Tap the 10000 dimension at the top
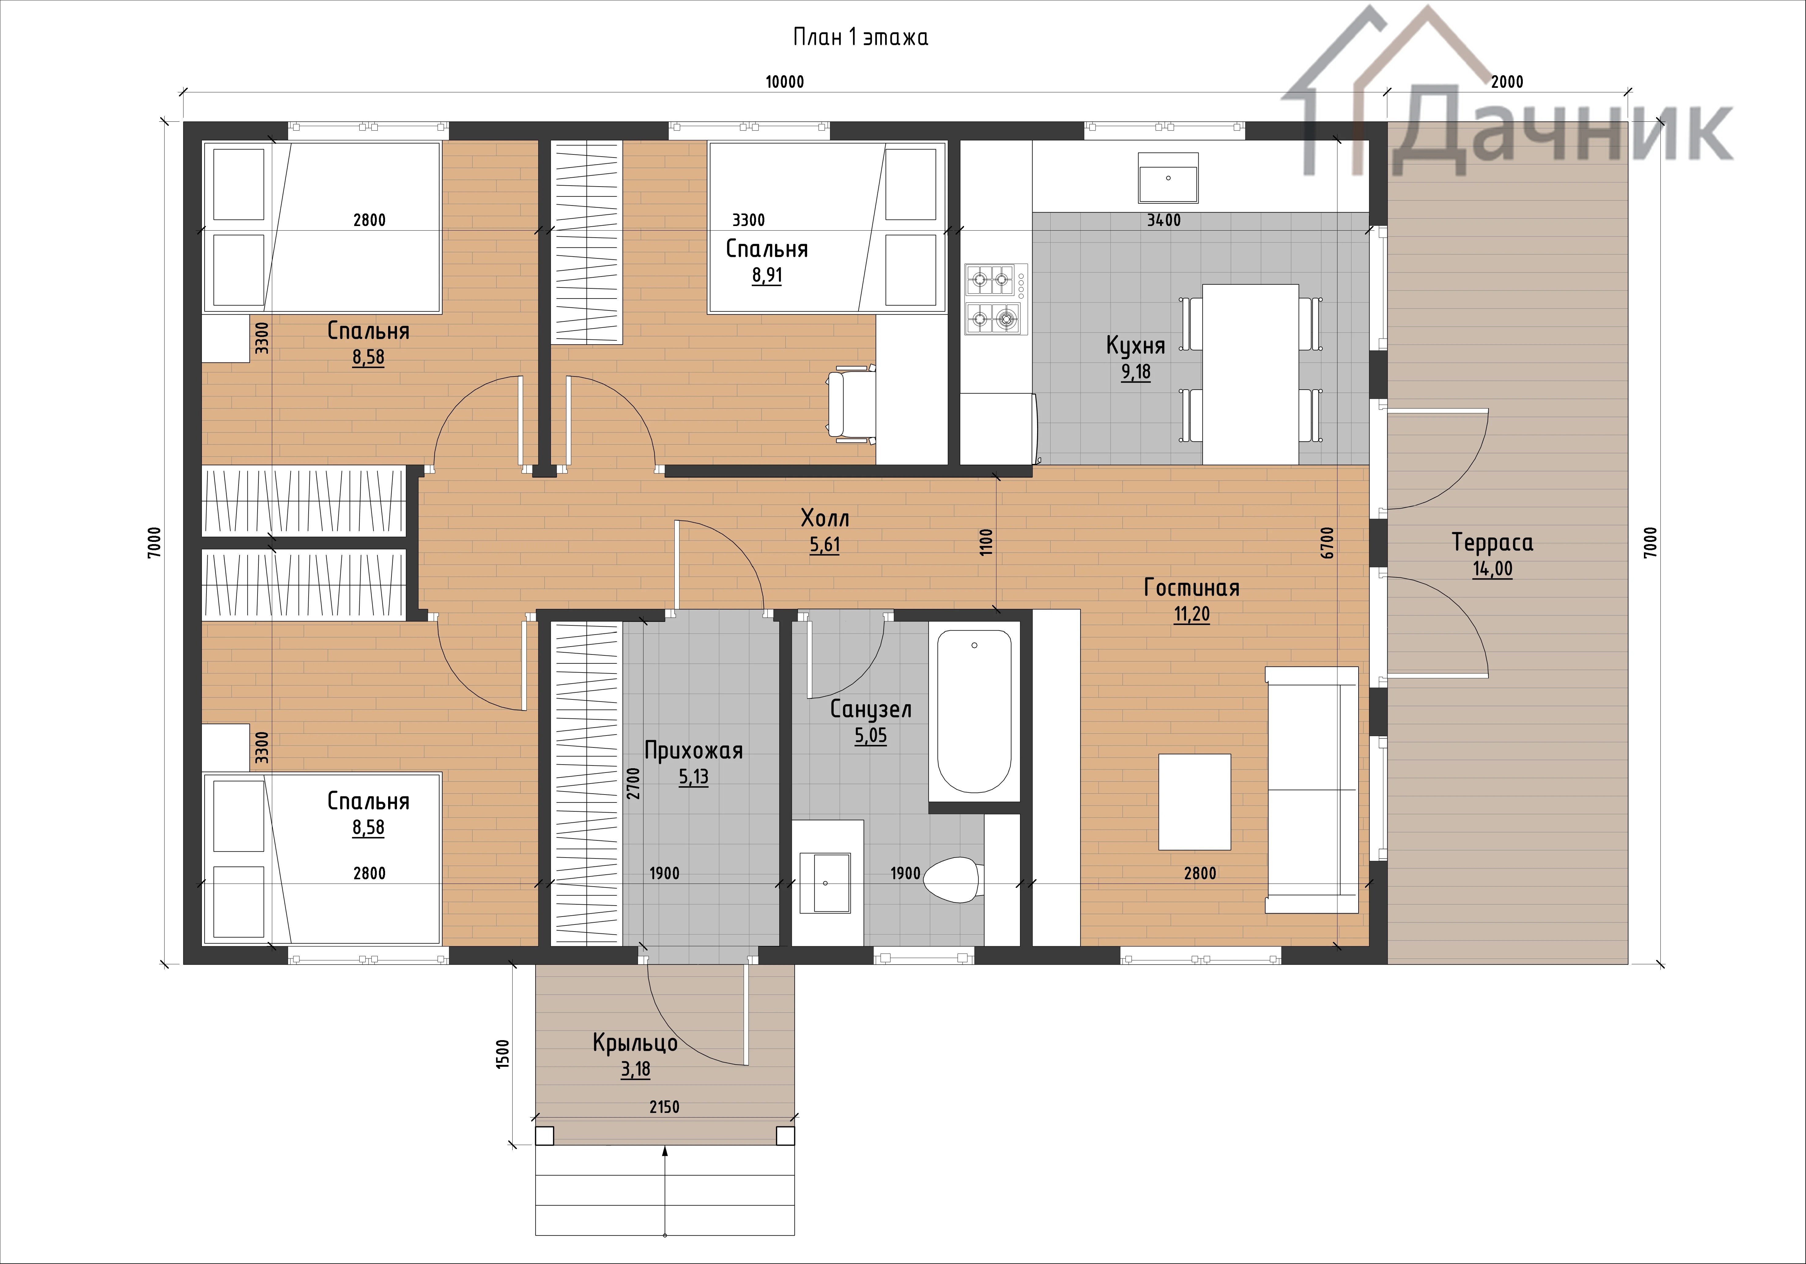785,82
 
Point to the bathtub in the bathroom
974,711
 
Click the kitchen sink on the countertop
1168,178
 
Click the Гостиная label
1192,588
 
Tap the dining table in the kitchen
1251,374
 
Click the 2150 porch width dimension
665,1107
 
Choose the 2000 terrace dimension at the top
1507,82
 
